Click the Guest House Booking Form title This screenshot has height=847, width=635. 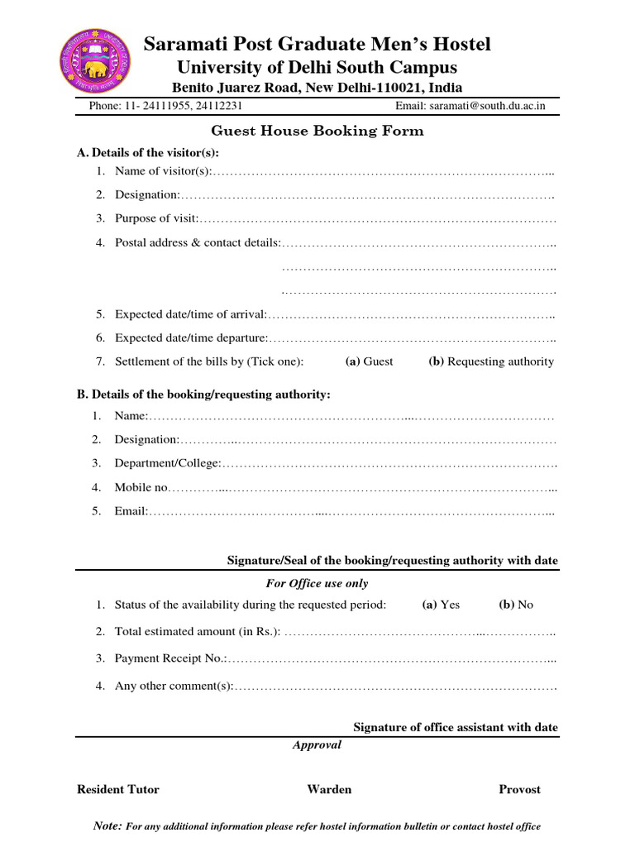click(x=317, y=131)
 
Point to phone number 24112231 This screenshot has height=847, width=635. click(x=217, y=106)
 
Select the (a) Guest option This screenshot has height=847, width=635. click(x=369, y=361)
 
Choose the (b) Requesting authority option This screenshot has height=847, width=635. click(x=491, y=361)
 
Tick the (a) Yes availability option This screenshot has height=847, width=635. click(x=441, y=605)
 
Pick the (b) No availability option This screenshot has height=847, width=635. click(x=516, y=605)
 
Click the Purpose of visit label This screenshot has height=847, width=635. click(x=156, y=218)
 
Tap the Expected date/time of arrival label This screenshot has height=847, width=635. click(x=191, y=314)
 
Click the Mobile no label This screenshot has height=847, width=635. click(x=141, y=488)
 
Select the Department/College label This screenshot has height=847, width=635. click(x=168, y=463)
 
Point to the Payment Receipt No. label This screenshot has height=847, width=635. click(x=170, y=658)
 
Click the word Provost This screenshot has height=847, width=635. click(x=519, y=789)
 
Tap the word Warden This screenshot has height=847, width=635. click(x=329, y=789)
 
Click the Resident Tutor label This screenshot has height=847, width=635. click(x=118, y=789)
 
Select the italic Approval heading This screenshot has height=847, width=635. click(x=317, y=744)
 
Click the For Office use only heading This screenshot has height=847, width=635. click(x=317, y=583)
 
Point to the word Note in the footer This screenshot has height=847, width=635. click(x=108, y=825)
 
